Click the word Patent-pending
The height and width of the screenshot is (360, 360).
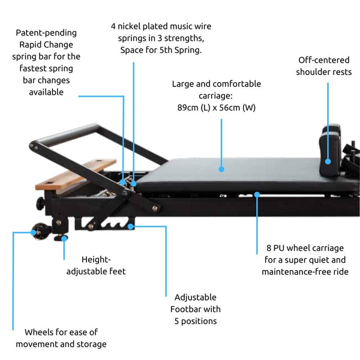(46, 32)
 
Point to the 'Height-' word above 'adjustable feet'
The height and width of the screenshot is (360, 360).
(96, 259)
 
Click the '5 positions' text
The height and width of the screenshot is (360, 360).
(196, 321)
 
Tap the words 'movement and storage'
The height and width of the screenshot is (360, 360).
(61, 344)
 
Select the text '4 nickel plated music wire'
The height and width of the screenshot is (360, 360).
(161, 26)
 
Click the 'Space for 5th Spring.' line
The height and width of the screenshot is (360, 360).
(161, 50)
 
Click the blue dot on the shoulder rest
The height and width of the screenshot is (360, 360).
(328, 161)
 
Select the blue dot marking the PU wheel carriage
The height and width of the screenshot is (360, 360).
(257, 194)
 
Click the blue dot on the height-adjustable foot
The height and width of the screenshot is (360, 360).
(64, 238)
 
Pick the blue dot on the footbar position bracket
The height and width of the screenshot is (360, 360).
(131, 227)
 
